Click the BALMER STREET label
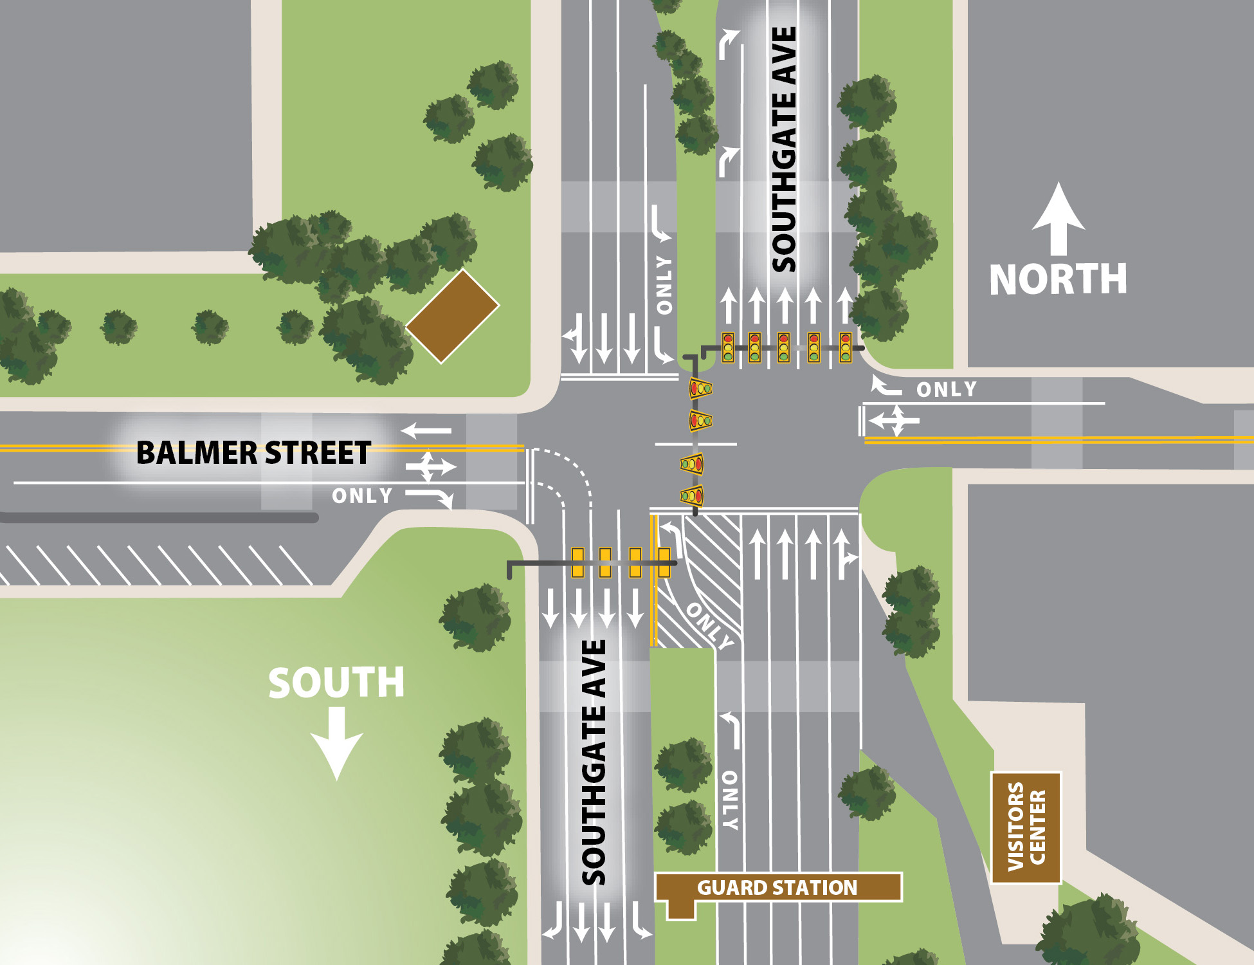click(x=253, y=453)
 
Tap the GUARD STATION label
click(x=777, y=888)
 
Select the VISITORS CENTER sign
click(x=1026, y=827)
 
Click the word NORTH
click(x=1058, y=279)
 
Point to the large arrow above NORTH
click(x=1059, y=219)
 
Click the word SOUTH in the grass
click(x=336, y=683)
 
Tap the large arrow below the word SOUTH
click(x=337, y=743)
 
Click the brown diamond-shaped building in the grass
click(x=453, y=316)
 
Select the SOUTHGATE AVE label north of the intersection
click(x=784, y=149)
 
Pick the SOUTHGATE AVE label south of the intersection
click(x=594, y=762)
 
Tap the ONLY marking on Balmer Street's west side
click(x=362, y=496)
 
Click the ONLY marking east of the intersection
click(x=946, y=389)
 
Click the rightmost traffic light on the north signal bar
click(x=846, y=347)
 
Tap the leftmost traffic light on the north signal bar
click(x=728, y=347)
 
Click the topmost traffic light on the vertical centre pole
click(x=700, y=388)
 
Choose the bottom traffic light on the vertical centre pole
click(x=692, y=495)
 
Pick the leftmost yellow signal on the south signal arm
click(x=577, y=562)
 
